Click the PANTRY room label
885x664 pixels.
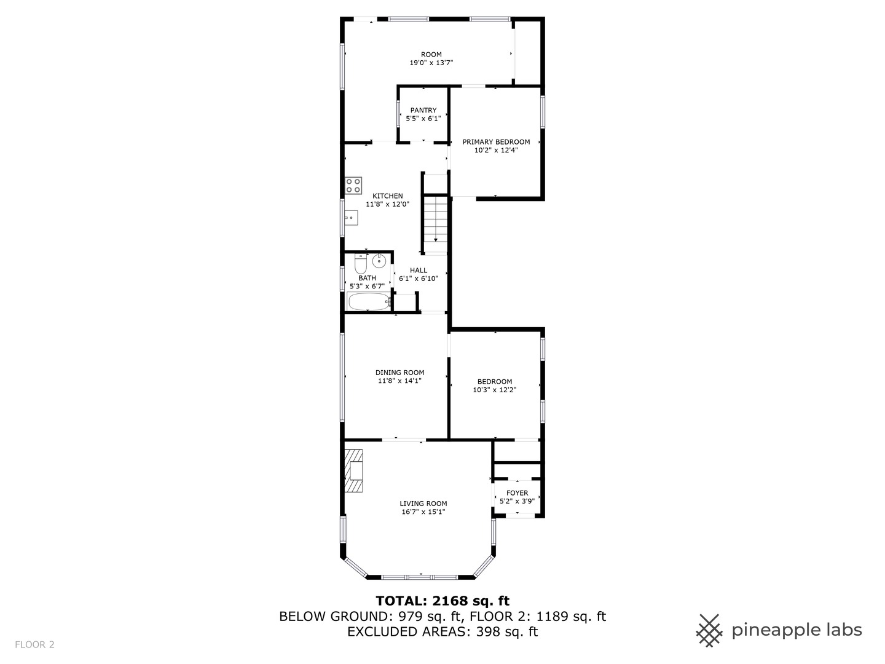[x=423, y=111]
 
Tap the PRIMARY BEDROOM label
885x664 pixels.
[x=496, y=142]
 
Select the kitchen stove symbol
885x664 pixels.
[x=353, y=185]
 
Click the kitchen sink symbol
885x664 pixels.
[x=350, y=217]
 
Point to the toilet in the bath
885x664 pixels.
[x=361, y=264]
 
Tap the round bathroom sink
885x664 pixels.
[x=379, y=261]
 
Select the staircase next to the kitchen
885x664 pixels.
[x=436, y=219]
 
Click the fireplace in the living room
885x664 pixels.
[x=353, y=471]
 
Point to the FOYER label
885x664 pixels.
[x=517, y=493]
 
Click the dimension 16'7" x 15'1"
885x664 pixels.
[x=423, y=512]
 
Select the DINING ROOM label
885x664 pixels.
[x=400, y=373]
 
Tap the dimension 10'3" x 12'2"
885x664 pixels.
[x=495, y=390]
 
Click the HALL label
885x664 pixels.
[x=419, y=271]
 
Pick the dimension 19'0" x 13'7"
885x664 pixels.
[x=431, y=63]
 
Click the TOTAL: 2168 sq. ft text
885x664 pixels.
[x=442, y=601]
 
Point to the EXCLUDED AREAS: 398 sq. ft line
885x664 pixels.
[x=442, y=631]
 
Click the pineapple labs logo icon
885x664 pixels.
[x=709, y=630]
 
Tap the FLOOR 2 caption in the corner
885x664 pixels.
[x=35, y=644]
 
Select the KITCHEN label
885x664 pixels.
[x=388, y=196]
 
